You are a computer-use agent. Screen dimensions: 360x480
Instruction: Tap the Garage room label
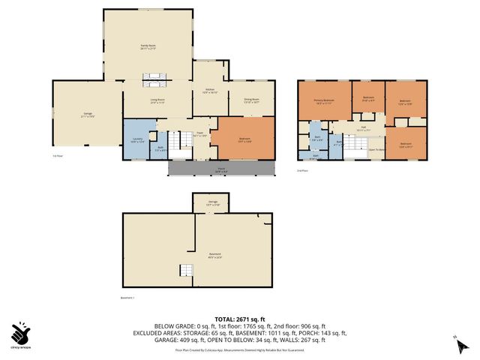coord(87,116)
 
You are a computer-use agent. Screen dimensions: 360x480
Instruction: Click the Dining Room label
coord(250,100)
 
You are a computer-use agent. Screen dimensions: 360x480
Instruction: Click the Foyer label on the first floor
coord(200,134)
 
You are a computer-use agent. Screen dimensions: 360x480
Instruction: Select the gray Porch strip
coord(221,169)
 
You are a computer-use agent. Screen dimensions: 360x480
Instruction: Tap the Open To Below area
coord(376,150)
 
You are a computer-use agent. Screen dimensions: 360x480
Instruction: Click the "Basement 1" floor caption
coord(128,298)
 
